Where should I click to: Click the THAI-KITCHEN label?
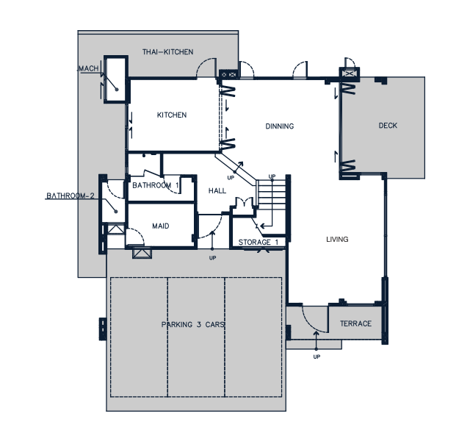pyautogui.click(x=167, y=52)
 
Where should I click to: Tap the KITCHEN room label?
pyautogui.click(x=172, y=115)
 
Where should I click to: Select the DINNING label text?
pyautogui.click(x=280, y=126)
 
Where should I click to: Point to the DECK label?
pyautogui.click(x=388, y=126)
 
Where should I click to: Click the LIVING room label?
pyautogui.click(x=337, y=239)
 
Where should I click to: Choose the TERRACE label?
pyautogui.click(x=355, y=323)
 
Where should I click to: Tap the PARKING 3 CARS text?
pyautogui.click(x=193, y=325)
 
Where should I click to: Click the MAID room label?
pyautogui.click(x=161, y=226)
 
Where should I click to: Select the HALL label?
pyautogui.click(x=217, y=191)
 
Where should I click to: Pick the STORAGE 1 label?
pyautogui.click(x=258, y=242)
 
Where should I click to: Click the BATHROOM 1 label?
pyautogui.click(x=156, y=185)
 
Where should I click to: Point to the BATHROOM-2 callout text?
pyautogui.click(x=70, y=196)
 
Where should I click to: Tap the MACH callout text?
pyautogui.click(x=88, y=68)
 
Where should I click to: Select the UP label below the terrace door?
pyautogui.click(x=317, y=356)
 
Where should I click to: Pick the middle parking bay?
pyautogui.click(x=196, y=337)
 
